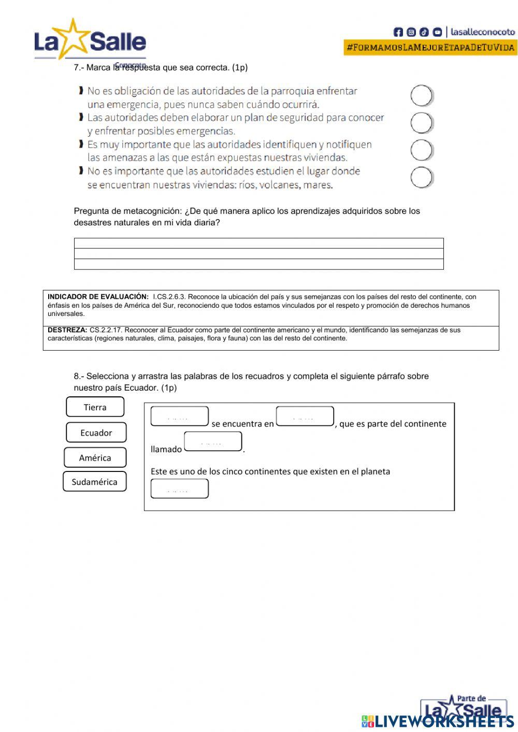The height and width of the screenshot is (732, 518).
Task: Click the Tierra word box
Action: tap(95, 407)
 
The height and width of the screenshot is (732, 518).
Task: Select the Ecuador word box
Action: tap(96, 433)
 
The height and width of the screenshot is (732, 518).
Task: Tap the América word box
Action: tap(95, 457)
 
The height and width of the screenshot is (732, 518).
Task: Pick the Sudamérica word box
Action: tap(94, 482)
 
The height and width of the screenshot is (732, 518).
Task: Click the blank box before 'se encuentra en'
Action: tap(179, 417)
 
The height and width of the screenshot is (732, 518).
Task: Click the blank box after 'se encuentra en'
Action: tap(305, 417)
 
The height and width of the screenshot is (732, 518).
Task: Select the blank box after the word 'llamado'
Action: tap(213, 442)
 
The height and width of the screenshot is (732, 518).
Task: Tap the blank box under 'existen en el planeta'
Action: tap(179, 489)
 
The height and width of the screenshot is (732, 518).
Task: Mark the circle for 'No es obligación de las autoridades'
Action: tap(422, 96)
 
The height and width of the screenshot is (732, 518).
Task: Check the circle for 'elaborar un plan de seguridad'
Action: tap(422, 123)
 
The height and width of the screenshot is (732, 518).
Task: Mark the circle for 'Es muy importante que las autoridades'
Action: tap(422, 150)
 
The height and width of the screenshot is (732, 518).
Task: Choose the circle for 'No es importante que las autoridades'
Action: tap(422, 178)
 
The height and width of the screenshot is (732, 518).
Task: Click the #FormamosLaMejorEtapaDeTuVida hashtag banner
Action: tap(430, 48)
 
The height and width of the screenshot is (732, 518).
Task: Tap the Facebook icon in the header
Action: tap(398, 32)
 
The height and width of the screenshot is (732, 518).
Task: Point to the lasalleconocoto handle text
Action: tap(482, 32)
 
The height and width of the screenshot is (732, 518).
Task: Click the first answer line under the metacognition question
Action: tap(258, 243)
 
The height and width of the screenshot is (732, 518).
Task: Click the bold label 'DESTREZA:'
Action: tap(67, 330)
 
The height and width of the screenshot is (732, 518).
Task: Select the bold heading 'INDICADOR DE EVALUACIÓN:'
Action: tap(98, 297)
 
